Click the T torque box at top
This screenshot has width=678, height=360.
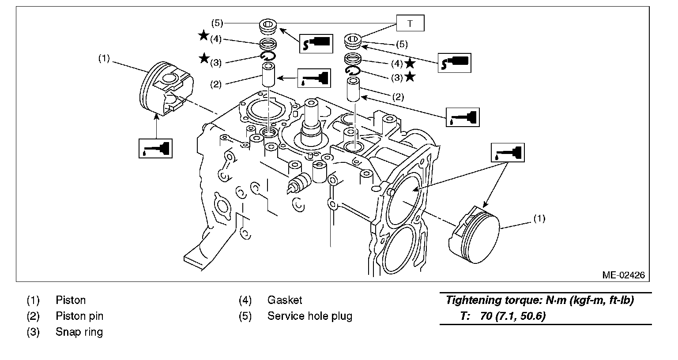410,23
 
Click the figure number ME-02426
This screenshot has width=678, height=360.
623,275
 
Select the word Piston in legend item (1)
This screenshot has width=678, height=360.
71,300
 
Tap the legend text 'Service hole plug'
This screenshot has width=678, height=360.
309,316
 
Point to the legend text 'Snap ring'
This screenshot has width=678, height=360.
79,332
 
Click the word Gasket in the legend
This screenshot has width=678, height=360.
285,300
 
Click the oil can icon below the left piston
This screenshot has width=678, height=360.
155,148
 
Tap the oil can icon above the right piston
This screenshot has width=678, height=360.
508,153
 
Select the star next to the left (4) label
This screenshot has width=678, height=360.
203,36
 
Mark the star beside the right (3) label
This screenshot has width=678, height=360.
410,77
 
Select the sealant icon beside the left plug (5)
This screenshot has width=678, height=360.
316,43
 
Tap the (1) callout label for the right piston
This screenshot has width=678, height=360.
539,218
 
